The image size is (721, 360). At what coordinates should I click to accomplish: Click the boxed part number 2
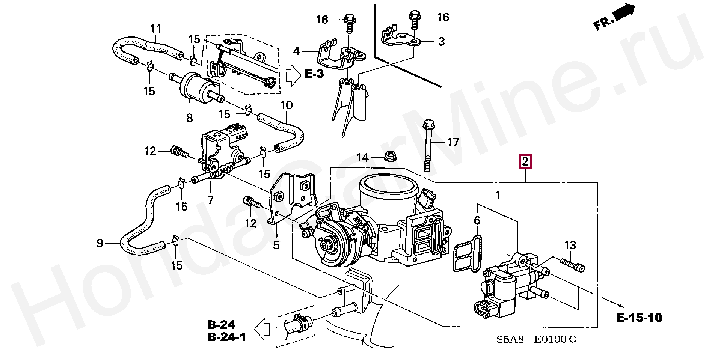pyautogui.click(x=525, y=162)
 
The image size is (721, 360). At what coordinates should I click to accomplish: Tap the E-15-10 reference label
pyautogui.click(x=639, y=318)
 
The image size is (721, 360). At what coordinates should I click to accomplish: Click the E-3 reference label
pyautogui.click(x=314, y=74)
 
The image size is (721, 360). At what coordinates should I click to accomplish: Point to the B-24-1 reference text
pyautogui.click(x=226, y=337)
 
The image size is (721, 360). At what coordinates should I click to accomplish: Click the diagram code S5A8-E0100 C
pyautogui.click(x=536, y=339)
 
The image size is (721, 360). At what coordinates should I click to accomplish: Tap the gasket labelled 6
pyautogui.click(x=468, y=253)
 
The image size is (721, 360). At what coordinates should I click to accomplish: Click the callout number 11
pyautogui.click(x=156, y=29)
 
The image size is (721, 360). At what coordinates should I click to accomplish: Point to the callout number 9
pyautogui.click(x=100, y=243)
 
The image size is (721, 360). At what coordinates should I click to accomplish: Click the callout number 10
pyautogui.click(x=287, y=105)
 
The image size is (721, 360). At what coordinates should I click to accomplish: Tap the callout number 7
pyautogui.click(x=211, y=200)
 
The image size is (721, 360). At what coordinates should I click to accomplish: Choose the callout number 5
pyautogui.click(x=276, y=246)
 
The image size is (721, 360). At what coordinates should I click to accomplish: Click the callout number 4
pyautogui.click(x=297, y=51)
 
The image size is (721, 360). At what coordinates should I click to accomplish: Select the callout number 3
pyautogui.click(x=442, y=41)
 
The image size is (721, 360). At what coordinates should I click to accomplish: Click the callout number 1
pyautogui.click(x=498, y=195)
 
